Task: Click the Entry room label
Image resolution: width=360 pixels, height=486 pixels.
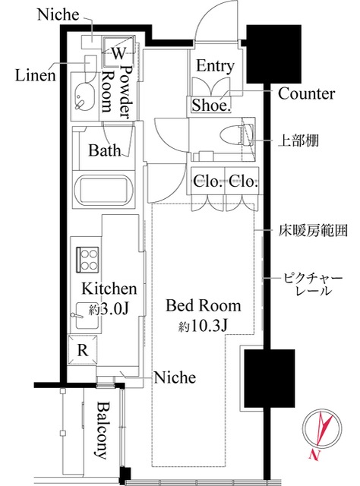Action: (215, 66)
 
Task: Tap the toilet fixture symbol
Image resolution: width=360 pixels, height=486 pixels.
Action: (237, 135)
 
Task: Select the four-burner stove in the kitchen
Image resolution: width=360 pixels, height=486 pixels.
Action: (87, 260)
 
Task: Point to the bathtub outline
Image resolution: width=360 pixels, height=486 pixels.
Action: (103, 191)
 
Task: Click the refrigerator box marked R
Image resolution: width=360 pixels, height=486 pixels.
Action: (82, 349)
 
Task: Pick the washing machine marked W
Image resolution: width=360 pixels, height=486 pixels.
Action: (118, 51)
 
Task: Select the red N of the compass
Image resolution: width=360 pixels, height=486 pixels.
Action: (314, 455)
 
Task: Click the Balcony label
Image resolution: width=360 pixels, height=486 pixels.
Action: (103, 431)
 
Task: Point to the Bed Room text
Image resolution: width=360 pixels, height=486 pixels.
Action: (203, 305)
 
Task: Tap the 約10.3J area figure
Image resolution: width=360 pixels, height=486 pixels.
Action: (203, 326)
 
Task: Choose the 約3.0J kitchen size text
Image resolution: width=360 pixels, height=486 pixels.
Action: (109, 309)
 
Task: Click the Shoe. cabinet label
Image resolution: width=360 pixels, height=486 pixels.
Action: (210, 105)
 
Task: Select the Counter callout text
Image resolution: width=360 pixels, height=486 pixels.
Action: (306, 93)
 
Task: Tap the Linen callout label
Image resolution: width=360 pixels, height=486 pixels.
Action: (36, 75)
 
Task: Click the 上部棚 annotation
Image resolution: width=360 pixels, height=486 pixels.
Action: (298, 140)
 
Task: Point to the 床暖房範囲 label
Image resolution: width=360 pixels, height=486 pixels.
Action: (313, 231)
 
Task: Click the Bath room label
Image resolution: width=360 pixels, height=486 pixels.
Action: (105, 150)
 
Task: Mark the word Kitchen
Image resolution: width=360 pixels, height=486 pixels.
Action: (109, 289)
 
